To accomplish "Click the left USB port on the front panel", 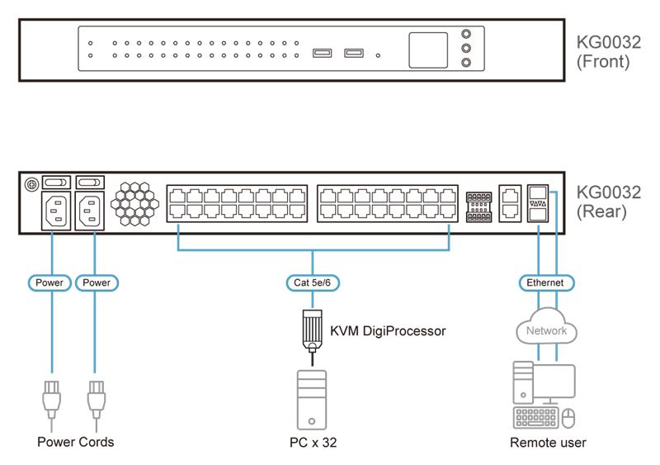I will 323,54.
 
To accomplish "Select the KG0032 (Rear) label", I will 609,202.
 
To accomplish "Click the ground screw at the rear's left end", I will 31,183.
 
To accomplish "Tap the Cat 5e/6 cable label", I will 313,282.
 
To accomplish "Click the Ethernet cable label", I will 545,282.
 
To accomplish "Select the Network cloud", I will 546,330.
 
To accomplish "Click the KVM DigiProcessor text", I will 388,331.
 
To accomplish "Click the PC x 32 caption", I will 312,443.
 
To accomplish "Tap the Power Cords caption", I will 76,442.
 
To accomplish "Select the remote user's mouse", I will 568,419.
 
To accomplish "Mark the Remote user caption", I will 548,443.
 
